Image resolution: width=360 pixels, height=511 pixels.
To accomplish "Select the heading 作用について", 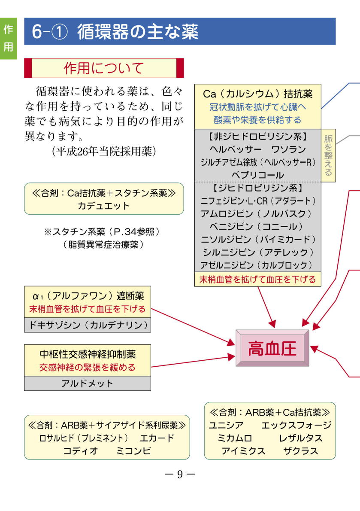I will [x=104, y=68].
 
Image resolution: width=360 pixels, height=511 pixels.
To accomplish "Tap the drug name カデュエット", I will [x=103, y=206].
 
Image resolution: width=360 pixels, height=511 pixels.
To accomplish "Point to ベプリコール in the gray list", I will [x=257, y=175].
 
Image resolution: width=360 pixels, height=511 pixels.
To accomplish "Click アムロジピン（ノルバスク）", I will [x=258, y=213].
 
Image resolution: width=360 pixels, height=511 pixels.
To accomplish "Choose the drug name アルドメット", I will [x=87, y=383].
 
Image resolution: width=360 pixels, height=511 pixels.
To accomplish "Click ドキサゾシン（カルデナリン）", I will [x=88, y=325].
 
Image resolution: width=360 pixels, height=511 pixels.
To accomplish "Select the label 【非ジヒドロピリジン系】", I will [x=257, y=137].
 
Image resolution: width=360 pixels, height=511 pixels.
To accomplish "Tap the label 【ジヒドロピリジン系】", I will [x=258, y=188].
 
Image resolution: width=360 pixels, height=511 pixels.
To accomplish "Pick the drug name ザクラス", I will [x=300, y=451].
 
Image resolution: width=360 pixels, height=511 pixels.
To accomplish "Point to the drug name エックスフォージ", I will [x=296, y=425].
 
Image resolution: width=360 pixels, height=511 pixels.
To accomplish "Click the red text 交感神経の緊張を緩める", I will [x=88, y=368].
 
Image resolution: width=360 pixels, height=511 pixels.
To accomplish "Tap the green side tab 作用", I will [x=8, y=38].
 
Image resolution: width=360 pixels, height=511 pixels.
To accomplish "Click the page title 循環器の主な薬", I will [x=138, y=32].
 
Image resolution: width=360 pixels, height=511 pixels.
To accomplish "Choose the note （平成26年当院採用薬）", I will [x=101, y=152].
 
